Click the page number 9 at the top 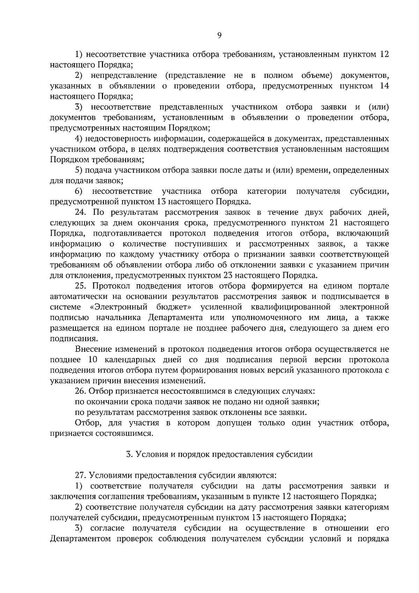click(x=219, y=35)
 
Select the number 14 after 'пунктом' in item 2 click(x=384, y=86)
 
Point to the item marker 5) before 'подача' click(x=79, y=170)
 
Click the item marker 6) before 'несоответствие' click(x=79, y=191)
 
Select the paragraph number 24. click(x=81, y=212)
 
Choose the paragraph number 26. click(x=81, y=391)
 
